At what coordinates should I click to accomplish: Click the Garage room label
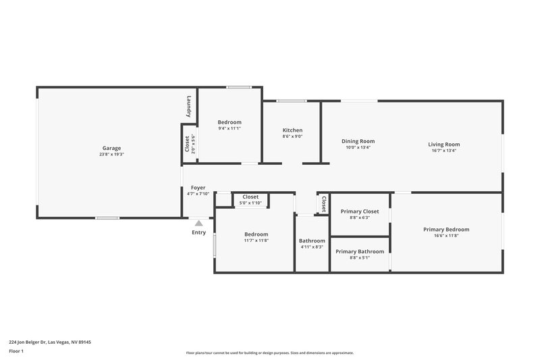[111, 148]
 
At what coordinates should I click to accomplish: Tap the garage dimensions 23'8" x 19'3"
[111, 155]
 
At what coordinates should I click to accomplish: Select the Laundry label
[190, 107]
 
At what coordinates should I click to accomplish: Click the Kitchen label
[292, 130]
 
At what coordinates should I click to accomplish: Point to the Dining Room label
[358, 141]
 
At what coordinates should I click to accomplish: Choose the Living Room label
[443, 144]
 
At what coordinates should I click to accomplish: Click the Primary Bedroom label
[446, 229]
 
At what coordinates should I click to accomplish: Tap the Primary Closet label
[360, 211]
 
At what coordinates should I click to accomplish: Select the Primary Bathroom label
[360, 251]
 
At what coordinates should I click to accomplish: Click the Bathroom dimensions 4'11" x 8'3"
[312, 247]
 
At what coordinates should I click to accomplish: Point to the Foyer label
[198, 188]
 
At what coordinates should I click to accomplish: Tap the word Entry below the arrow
[198, 232]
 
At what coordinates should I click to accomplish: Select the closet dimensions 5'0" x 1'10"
[250, 203]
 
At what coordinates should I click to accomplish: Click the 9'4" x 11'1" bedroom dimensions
[230, 128]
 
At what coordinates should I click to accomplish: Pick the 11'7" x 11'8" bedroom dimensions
[256, 240]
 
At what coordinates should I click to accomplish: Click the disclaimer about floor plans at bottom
[269, 353]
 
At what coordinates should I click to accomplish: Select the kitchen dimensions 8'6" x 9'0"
[292, 136]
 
